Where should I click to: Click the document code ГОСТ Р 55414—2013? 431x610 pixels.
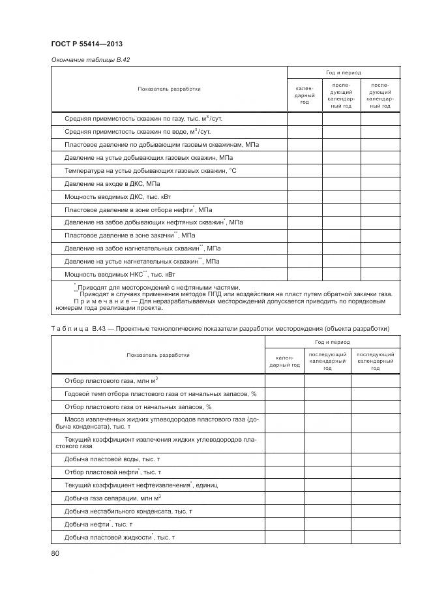[x=87, y=44]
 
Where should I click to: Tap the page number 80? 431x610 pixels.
[x=55, y=554]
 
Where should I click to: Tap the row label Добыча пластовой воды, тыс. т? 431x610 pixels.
[x=112, y=459]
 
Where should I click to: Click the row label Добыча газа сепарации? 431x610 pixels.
[x=112, y=498]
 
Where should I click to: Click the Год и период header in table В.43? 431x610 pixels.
[x=332, y=342]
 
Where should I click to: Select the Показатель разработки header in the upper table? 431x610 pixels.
[x=169, y=89]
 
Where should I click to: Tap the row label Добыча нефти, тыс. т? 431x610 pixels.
[x=98, y=524]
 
